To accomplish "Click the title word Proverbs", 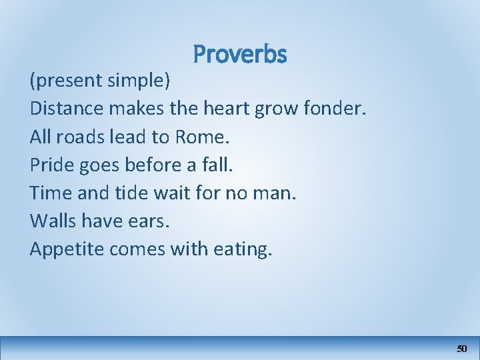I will pyautogui.click(x=239, y=55).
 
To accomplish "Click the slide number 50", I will pyautogui.click(x=462, y=349).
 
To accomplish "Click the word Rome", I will pyautogui.click(x=201, y=137).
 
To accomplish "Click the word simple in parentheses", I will pyautogui.click(x=138, y=81).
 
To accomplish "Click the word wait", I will pyautogui.click(x=171, y=193).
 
